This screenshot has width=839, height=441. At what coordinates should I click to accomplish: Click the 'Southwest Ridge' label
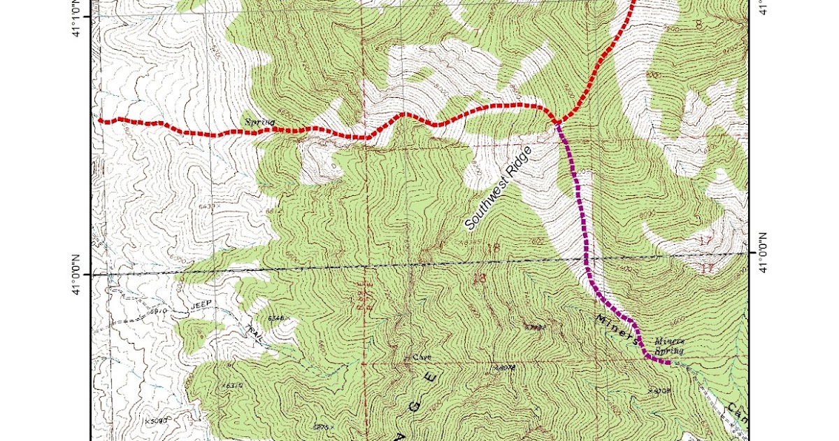pos(497,188)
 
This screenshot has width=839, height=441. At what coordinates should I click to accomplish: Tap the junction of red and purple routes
pos(557,123)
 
